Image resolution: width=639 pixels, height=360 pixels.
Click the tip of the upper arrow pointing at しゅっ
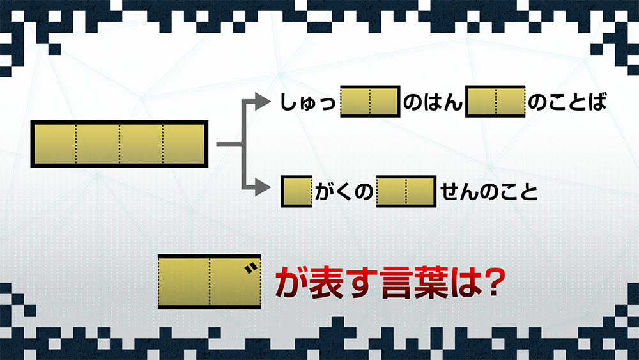tap(271, 102)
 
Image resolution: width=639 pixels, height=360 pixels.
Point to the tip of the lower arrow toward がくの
tap(271, 189)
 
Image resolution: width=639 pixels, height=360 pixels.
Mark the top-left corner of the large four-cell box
tap(31, 120)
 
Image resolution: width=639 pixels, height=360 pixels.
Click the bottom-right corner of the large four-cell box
tap(208, 168)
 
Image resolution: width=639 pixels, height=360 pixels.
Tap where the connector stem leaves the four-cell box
tap(217, 145)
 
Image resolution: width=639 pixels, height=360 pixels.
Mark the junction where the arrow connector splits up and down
tap(244, 145)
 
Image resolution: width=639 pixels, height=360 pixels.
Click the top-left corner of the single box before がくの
tap(281, 175)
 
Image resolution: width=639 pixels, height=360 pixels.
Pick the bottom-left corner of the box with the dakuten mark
tap(158, 309)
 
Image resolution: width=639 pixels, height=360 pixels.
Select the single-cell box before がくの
tap(296, 191)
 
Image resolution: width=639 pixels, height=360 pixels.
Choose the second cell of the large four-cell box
tap(98, 144)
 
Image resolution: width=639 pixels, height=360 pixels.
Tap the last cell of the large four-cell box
tap(184, 144)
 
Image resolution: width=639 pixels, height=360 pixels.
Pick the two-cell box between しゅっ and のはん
tap(370, 102)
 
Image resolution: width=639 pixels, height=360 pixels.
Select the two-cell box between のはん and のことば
tap(496, 102)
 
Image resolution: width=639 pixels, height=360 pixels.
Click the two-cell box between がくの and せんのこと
tap(406, 191)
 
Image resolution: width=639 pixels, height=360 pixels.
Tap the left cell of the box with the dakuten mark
tap(184, 281)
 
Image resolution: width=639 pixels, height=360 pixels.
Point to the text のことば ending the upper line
tap(567, 102)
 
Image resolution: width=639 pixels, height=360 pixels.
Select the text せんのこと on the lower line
tap(489, 192)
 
